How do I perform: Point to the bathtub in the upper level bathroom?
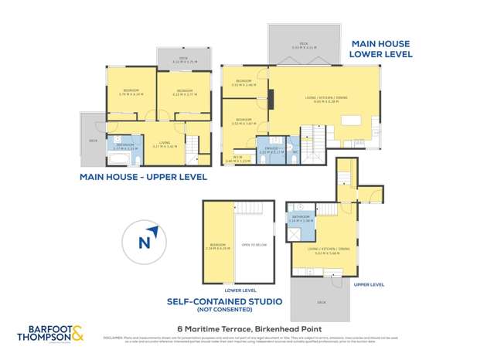tap(117, 159)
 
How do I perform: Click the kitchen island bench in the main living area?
tap(353, 121)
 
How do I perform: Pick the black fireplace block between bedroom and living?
tap(270, 100)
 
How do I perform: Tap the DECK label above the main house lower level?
tap(302, 44)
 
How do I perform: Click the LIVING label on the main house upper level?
tap(165, 143)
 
